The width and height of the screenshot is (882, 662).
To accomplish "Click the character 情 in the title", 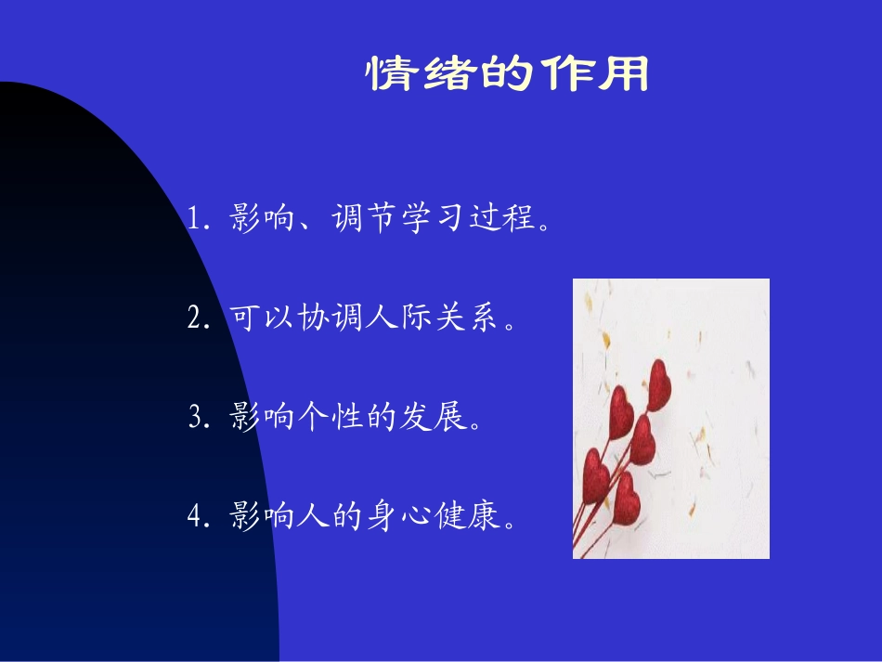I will [x=389, y=74].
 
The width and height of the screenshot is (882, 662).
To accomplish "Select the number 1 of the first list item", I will [x=194, y=220].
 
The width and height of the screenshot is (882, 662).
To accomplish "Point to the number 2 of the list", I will [x=194, y=319].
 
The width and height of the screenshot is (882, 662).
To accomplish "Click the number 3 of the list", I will [x=194, y=419].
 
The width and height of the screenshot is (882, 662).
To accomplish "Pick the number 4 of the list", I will [x=194, y=518].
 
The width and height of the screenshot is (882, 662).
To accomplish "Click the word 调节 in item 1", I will [x=362, y=220].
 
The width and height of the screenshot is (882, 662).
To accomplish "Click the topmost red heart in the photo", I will [x=658, y=384].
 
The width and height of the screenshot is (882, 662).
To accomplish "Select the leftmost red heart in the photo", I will [x=595, y=474].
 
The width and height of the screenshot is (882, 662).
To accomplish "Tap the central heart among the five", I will [x=642, y=439].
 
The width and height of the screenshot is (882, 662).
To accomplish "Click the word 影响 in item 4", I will [x=261, y=518].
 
